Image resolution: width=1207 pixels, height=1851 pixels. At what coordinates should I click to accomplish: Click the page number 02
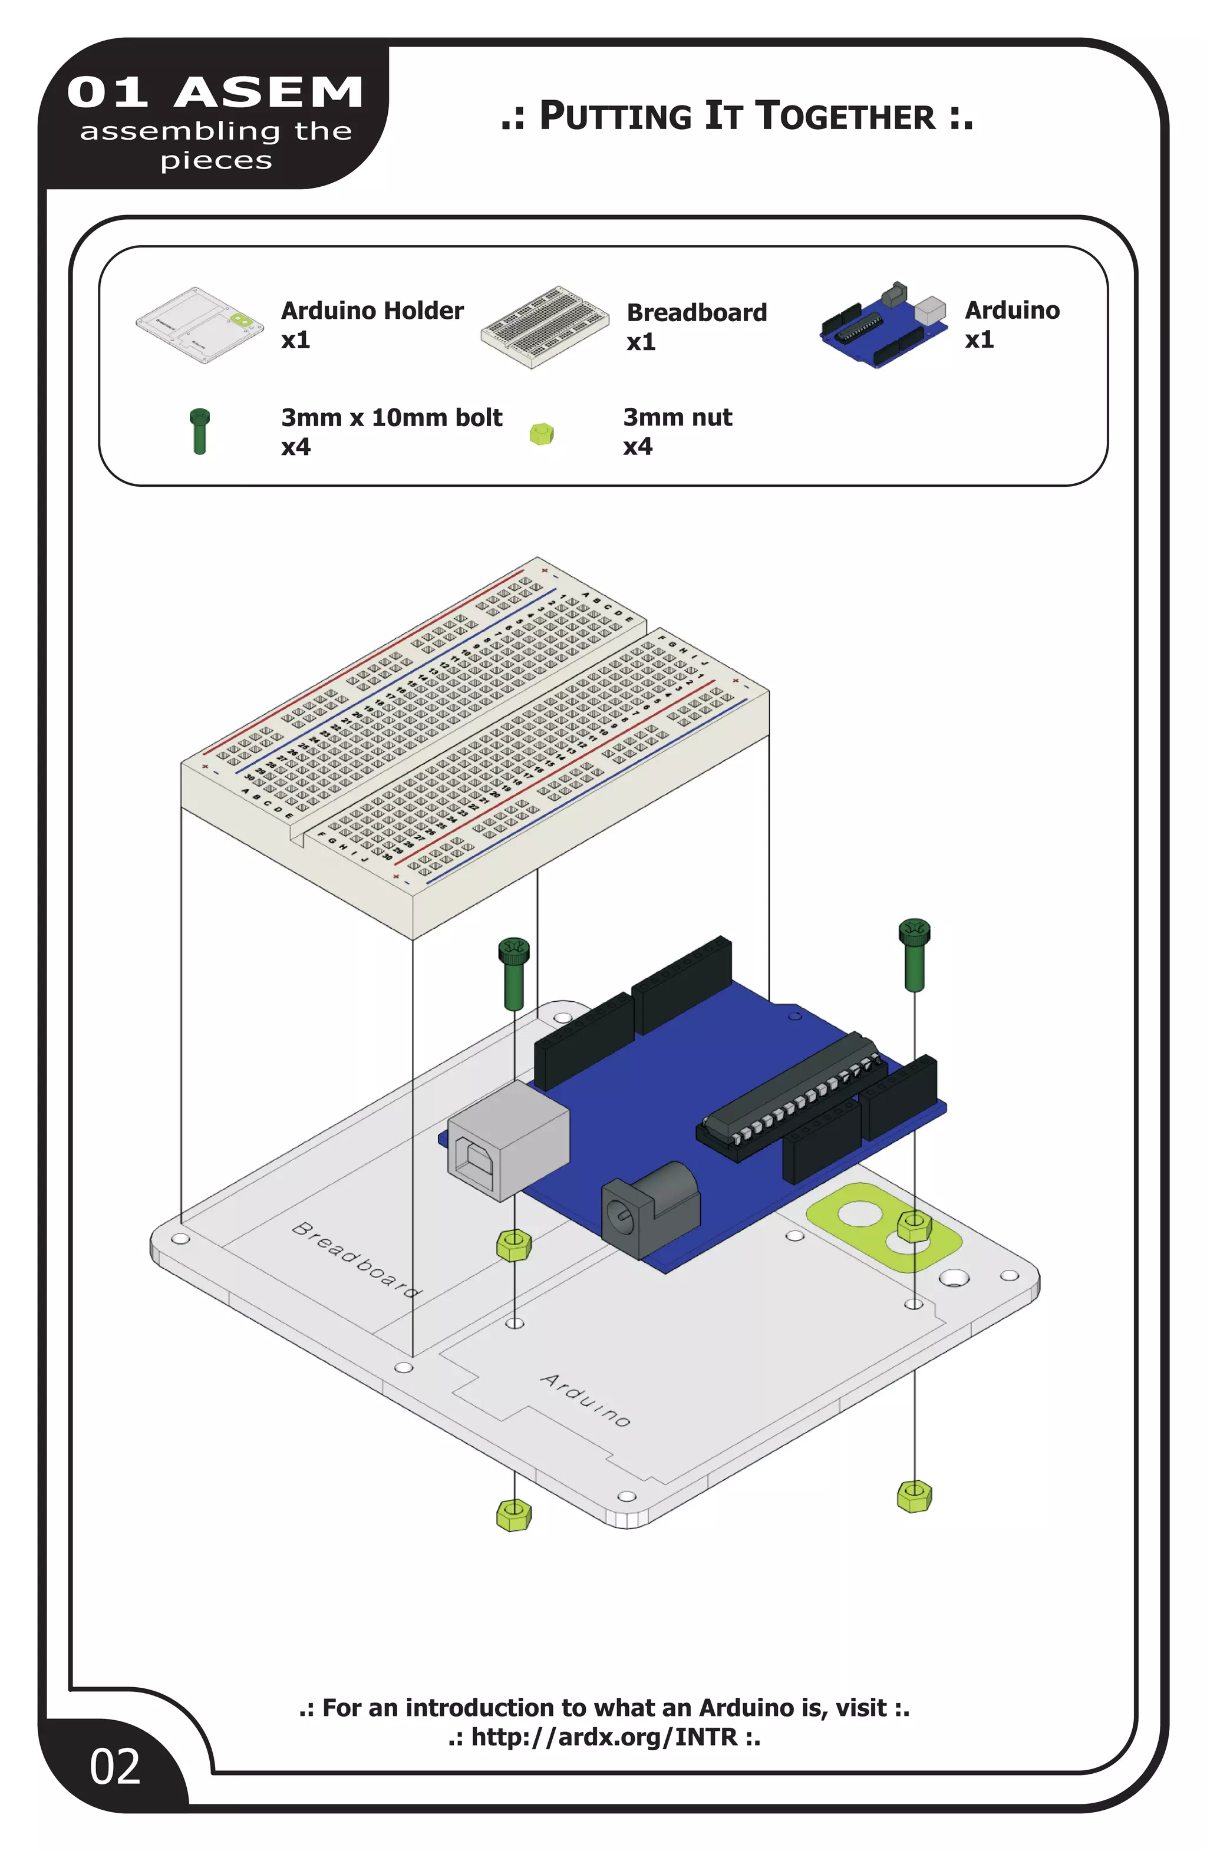[x=115, y=1766]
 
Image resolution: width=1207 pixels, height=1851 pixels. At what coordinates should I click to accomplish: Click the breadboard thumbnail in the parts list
[x=545, y=326]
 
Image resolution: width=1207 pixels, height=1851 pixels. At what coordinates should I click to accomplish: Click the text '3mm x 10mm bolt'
[x=391, y=418]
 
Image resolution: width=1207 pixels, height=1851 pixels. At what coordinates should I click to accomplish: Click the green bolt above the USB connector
[x=513, y=972]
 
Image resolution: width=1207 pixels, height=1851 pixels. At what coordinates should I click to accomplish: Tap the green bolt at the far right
[x=914, y=953]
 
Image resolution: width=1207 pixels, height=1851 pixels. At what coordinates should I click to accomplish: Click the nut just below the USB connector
[x=513, y=1245]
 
